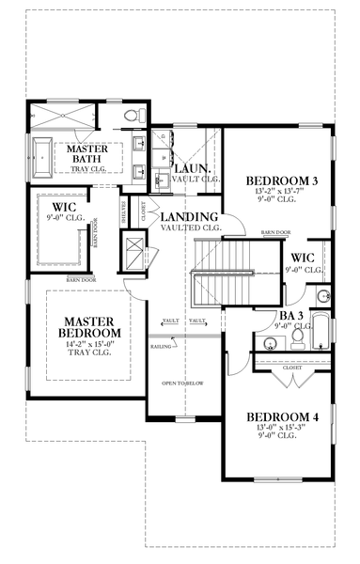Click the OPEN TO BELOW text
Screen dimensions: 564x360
coord(183,384)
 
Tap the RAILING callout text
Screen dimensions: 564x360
coord(160,347)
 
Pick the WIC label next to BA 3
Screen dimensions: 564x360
coord(303,257)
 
